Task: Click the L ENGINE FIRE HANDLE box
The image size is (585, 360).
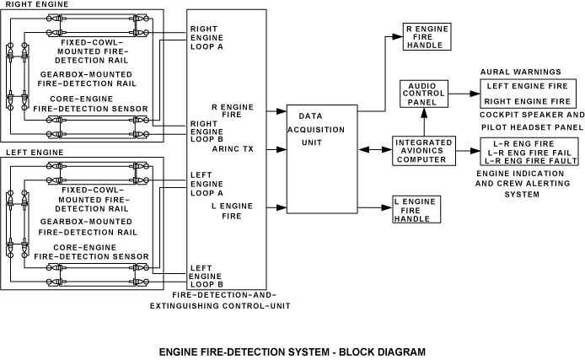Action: (x=417, y=209)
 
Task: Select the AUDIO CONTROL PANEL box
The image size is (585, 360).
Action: (x=422, y=94)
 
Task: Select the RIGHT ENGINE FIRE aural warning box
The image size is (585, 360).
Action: (x=529, y=101)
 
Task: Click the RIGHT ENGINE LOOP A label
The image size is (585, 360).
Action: (x=206, y=38)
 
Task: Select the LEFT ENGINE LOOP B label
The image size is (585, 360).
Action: (x=204, y=275)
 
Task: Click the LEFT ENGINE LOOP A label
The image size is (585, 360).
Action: (x=205, y=184)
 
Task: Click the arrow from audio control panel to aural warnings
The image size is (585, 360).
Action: (x=462, y=93)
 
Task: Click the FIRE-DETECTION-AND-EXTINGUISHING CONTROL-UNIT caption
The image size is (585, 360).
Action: (x=230, y=301)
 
